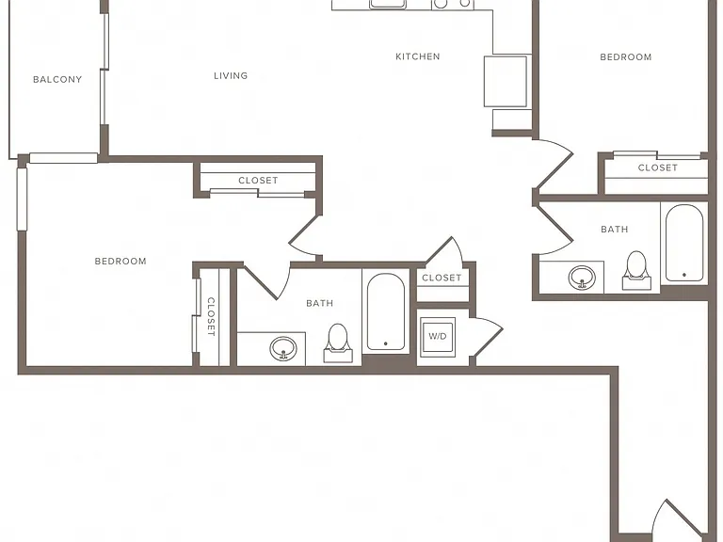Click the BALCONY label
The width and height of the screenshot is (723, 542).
57,79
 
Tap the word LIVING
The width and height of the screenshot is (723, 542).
231,75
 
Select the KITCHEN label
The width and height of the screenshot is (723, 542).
418,56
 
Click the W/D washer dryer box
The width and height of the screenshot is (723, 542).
438,336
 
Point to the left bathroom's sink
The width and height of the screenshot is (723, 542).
283,349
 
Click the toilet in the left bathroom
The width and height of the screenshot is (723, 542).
338,343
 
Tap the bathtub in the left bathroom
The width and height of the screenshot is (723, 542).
386,312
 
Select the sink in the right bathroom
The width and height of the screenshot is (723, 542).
582,278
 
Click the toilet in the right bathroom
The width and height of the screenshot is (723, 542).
636,271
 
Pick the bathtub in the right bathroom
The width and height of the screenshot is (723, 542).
684,243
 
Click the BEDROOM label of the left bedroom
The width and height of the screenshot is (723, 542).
120,262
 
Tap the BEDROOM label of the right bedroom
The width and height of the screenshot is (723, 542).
626,57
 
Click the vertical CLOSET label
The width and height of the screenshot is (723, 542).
211,316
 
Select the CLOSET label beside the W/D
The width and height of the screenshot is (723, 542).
442,278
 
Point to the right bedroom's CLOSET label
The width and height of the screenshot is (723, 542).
658,167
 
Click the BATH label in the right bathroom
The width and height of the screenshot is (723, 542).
615,229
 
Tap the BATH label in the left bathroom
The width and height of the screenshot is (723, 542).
320,303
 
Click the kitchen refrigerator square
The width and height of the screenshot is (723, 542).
506,82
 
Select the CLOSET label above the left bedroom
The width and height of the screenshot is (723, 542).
258,181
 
